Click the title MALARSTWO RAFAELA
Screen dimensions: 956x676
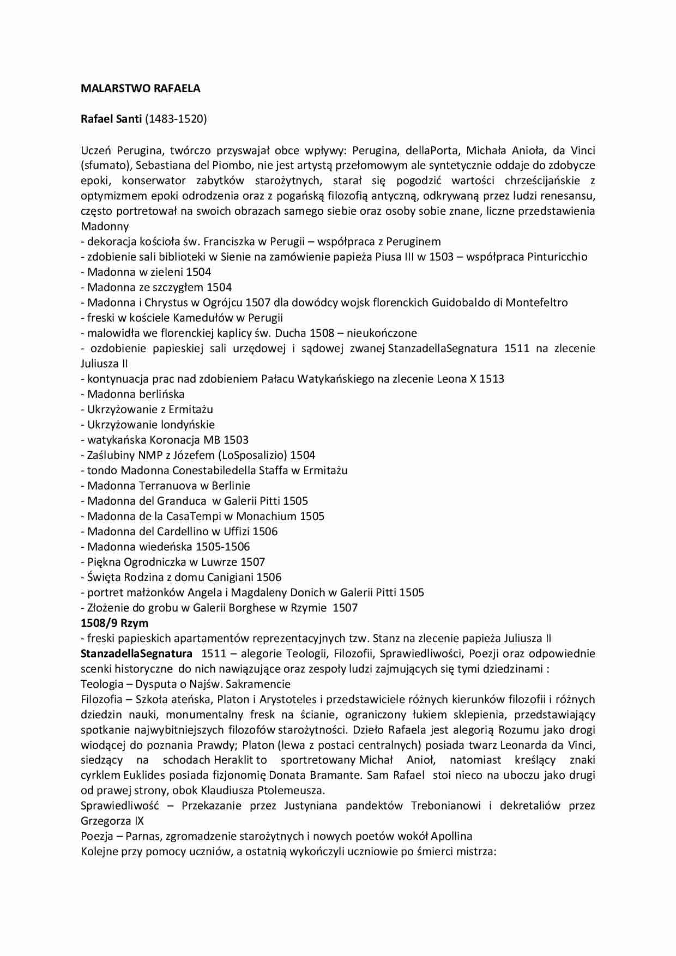[140, 89]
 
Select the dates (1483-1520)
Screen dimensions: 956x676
[176, 119]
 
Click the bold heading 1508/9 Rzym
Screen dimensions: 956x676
[114, 623]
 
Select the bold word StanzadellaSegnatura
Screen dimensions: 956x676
[136, 654]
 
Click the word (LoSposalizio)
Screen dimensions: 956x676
[255, 455]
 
